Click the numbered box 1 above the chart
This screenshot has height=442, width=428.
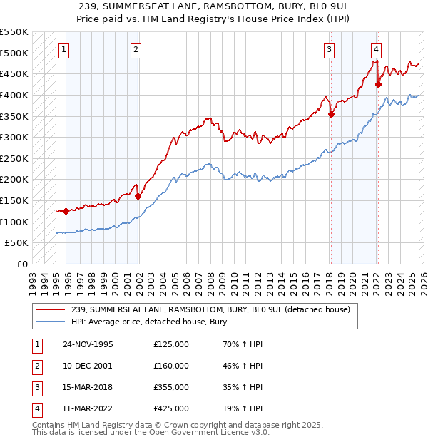(64, 49)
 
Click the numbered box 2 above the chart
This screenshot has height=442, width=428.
(136, 49)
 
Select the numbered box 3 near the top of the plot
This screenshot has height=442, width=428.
(329, 49)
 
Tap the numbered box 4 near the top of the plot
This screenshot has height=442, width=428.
(376, 49)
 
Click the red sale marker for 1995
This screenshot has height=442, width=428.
(66, 211)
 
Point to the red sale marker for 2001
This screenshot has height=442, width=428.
(138, 196)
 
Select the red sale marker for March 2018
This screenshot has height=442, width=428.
(331, 114)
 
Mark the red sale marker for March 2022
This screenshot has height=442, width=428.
(378, 84)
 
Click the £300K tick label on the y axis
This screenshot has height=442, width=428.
(14, 137)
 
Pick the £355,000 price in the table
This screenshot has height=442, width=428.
(171, 388)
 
